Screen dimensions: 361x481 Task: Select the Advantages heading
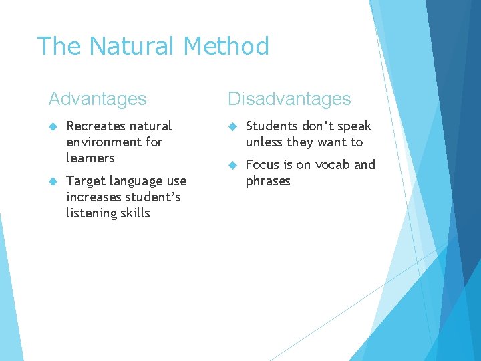click(98, 99)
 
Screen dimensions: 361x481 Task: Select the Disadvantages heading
click(289, 99)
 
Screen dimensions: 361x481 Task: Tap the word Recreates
click(96, 126)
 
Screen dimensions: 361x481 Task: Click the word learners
click(90, 158)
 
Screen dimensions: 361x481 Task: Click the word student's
click(156, 197)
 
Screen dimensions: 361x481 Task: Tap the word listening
click(92, 213)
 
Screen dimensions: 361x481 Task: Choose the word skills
click(136, 213)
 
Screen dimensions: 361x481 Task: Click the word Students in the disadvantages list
click(271, 126)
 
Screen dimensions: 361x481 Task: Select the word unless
click(264, 142)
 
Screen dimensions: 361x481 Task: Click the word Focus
click(263, 164)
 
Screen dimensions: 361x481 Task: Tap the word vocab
click(332, 164)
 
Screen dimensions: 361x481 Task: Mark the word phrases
click(268, 181)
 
